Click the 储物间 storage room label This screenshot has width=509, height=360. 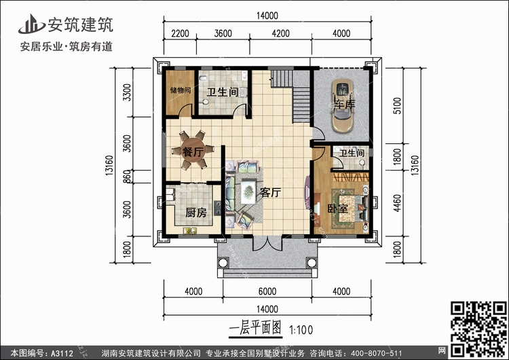[x=180, y=90]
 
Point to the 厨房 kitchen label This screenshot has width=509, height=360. [x=196, y=213]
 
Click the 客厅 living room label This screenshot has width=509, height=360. [x=270, y=192]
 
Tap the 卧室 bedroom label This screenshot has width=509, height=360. [x=338, y=208]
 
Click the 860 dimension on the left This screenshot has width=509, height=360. [x=126, y=176]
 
